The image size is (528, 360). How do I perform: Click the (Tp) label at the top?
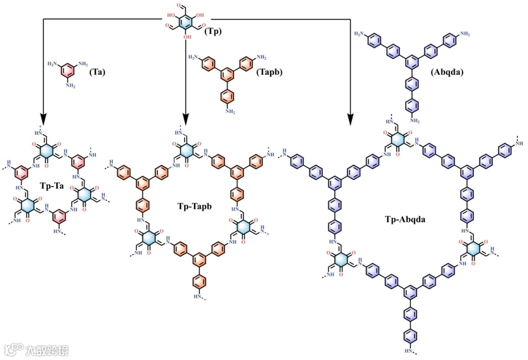pos(213,32)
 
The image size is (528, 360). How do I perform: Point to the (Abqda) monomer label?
pos(447,72)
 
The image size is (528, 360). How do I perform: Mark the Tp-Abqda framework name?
pos(406,219)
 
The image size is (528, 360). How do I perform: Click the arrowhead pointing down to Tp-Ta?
pos(44,119)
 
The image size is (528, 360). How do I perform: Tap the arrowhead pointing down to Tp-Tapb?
pos(186,119)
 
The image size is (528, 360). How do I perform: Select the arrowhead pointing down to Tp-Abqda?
pos(351,119)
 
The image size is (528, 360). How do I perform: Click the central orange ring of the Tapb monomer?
pos(226,75)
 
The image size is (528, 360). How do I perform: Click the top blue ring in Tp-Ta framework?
pos(46,148)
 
